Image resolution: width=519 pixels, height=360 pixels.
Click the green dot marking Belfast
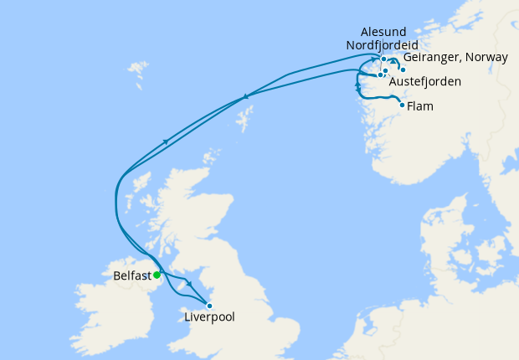157,275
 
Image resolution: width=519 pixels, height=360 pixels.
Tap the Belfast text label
131,275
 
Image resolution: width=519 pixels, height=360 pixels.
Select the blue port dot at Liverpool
209,306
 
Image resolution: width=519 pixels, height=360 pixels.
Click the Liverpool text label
209,318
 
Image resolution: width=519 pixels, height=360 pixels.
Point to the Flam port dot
403,105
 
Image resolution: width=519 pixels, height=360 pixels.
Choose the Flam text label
420,106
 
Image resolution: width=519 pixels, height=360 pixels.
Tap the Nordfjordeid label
382,44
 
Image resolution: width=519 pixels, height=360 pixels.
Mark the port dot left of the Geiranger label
403,69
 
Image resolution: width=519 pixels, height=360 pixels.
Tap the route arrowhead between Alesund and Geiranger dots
393,62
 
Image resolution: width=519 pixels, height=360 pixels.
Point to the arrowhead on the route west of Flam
358,86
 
